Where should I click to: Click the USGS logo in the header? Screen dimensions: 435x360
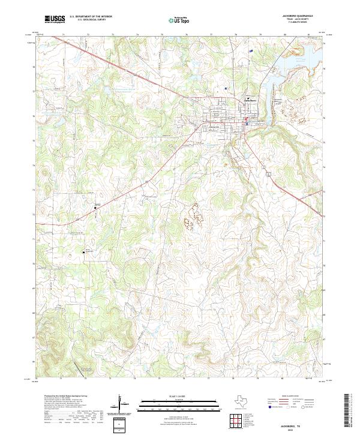[54, 19]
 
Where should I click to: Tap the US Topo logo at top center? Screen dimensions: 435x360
[174, 19]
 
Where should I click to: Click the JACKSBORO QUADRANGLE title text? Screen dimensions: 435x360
[300, 16]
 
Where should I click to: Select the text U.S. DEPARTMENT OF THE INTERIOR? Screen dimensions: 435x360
[91, 16]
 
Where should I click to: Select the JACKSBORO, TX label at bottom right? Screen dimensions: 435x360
[300, 424]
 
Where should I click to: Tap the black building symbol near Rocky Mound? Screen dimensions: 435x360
[83, 253]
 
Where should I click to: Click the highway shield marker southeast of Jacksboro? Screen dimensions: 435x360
[270, 172]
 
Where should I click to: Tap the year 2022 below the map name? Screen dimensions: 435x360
[300, 428]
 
